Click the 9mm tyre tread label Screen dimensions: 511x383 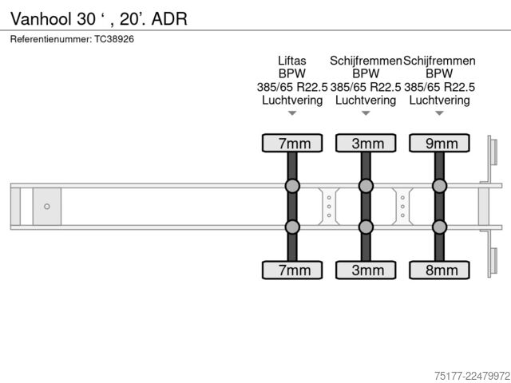[x=442, y=144]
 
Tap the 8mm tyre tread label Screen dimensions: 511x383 [x=442, y=270]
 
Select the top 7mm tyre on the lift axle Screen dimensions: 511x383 [x=292, y=143]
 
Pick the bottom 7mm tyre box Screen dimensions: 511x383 [x=292, y=270]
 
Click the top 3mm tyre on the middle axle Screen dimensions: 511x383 [x=366, y=143]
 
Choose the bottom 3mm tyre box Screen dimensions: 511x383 [x=366, y=270]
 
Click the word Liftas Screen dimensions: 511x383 [x=292, y=61]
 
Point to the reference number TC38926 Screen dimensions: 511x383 [x=114, y=39]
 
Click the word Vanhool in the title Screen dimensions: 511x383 [x=41, y=18]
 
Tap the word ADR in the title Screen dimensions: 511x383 [x=169, y=18]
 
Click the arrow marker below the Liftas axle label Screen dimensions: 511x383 [x=292, y=113]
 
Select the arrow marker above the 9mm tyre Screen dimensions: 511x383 [x=440, y=113]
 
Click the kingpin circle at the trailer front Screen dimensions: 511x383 [x=47, y=207]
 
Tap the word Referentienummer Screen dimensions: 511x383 [x=51, y=39]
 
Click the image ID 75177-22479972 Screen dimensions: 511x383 [x=472, y=376]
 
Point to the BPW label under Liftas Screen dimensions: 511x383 [x=292, y=73]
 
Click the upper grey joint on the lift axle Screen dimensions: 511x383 [x=292, y=186]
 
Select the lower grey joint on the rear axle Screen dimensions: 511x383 [x=440, y=227]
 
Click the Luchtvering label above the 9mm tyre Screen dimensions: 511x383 [x=439, y=100]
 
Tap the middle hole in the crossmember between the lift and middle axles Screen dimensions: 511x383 [x=329, y=207]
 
